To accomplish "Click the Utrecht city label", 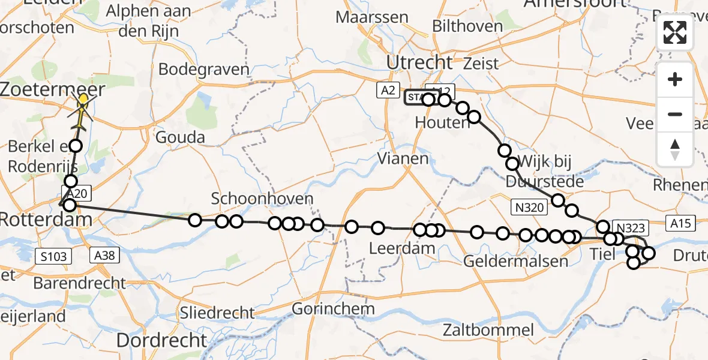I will [419, 62].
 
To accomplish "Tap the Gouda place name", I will [180, 137].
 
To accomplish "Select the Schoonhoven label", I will [262, 199].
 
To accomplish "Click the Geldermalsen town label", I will [515, 262].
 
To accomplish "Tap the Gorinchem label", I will [334, 309].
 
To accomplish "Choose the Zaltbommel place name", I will [488, 329].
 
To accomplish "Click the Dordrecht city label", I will [161, 340].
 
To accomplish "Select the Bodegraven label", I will [203, 69].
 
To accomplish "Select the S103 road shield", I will [53, 257].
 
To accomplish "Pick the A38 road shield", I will [104, 256].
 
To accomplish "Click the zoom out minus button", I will [675, 114].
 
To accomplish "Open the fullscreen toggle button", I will [675, 32].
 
